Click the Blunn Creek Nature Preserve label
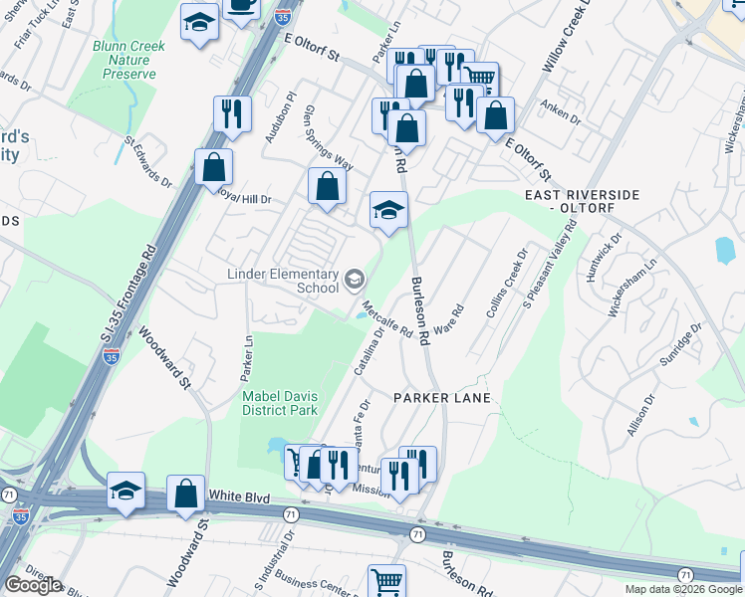pos(124,60)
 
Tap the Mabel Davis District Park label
pos(280,402)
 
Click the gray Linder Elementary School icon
pos(354,281)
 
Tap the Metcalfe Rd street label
pos(386,320)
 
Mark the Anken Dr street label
pos(560,110)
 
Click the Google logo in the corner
pos(33,585)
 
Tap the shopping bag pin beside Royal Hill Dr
pos(214,167)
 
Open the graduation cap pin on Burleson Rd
pos(389,210)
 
